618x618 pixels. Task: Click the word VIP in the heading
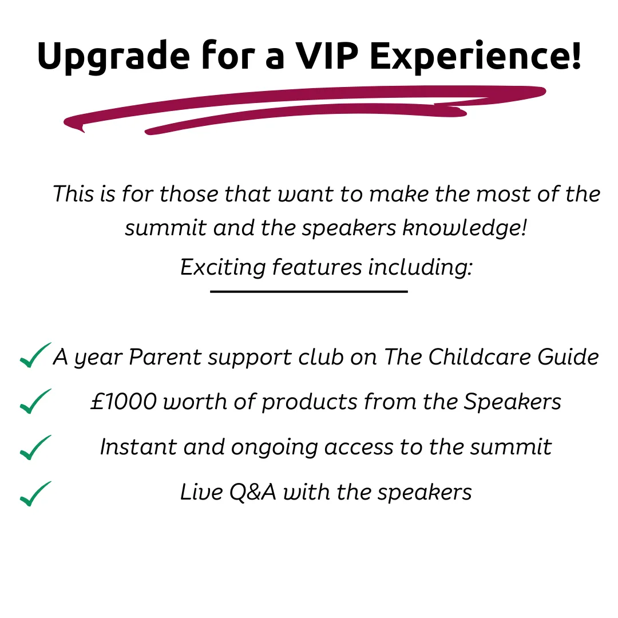point(327,56)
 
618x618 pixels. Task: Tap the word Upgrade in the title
point(113,58)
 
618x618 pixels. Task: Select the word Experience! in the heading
point(476,58)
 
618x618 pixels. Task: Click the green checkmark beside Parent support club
point(35,355)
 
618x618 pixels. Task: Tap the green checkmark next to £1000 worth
point(35,401)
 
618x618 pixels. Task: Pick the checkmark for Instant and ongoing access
point(35,447)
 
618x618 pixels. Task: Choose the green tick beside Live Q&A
point(35,493)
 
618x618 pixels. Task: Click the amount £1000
point(124,402)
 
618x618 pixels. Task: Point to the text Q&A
point(253,492)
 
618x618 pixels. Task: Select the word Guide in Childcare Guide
point(568,356)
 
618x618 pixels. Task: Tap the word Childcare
point(480,356)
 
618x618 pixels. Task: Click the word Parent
point(165,356)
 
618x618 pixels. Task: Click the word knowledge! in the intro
point(465,228)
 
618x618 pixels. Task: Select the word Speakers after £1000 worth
point(512,402)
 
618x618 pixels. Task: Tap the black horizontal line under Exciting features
point(309,292)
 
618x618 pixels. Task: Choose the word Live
point(201,492)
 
